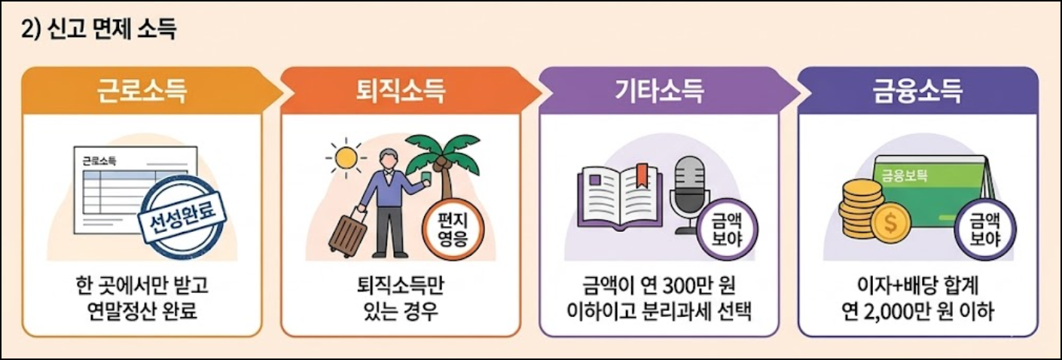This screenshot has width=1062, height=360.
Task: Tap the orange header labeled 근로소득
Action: coord(142,92)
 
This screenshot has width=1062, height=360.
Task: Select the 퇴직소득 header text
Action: coord(400,92)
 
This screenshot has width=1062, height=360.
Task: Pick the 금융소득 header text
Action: coord(917,92)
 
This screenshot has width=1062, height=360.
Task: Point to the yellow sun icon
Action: coord(347,160)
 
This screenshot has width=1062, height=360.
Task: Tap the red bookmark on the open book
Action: coord(640,174)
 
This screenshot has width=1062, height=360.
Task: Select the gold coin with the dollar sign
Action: coord(886,224)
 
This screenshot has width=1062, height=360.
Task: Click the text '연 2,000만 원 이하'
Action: coord(917,310)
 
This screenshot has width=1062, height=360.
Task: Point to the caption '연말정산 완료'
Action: coord(142,310)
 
